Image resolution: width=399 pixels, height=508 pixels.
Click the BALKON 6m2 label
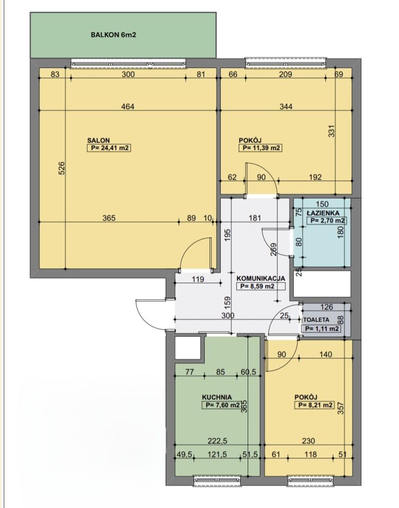coord(113,35)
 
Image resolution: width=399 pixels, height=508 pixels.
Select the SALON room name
coord(98,141)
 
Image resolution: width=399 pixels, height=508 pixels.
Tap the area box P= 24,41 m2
coord(108,148)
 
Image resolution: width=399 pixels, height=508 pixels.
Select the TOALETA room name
coord(316,320)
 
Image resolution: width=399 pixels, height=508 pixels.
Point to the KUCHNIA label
coord(216,397)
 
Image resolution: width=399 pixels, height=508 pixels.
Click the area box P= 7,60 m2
coord(221,405)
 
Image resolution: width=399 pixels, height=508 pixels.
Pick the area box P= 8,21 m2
coord(314,405)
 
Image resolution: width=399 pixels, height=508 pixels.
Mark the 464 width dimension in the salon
coord(128,106)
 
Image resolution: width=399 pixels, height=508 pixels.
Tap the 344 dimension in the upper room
coord(286,106)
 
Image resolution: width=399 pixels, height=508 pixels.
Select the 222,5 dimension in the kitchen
coord(217,441)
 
